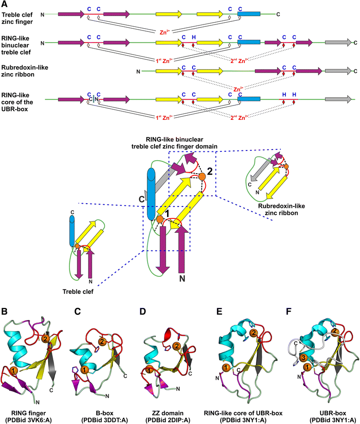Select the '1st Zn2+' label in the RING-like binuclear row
click(x=165, y=60)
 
